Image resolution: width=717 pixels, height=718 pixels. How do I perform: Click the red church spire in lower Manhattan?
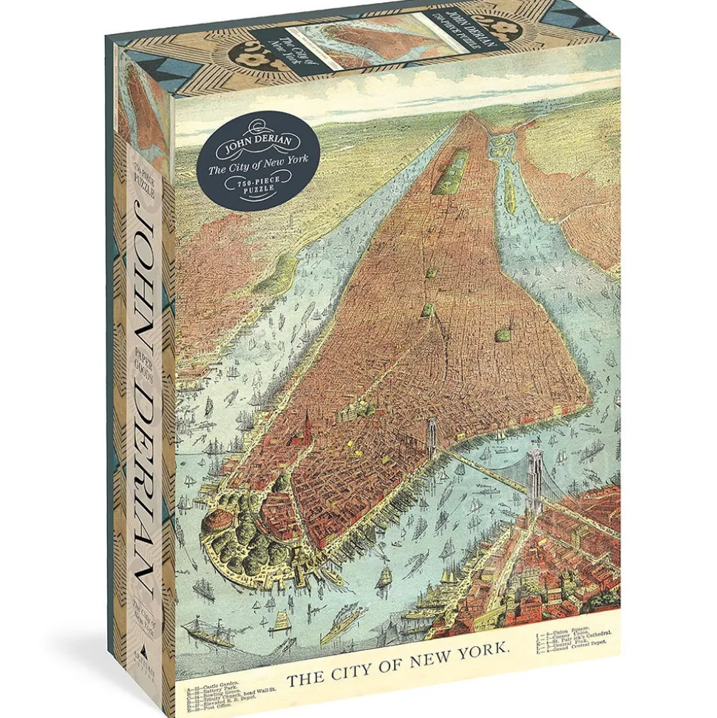coord(301,428)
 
